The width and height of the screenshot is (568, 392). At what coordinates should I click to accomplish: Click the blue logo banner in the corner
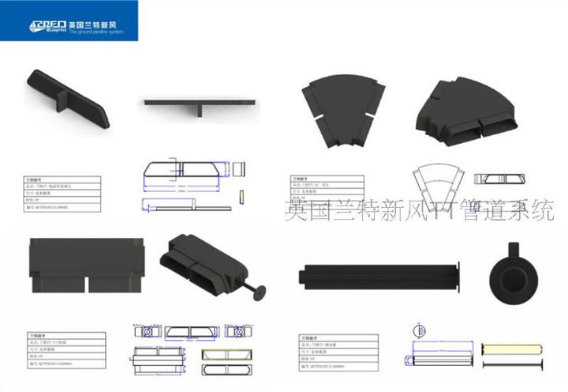click(69, 21)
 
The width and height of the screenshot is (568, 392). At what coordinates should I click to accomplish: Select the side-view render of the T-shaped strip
click(200, 104)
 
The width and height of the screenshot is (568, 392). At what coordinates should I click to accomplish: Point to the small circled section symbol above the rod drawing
click(420, 329)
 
